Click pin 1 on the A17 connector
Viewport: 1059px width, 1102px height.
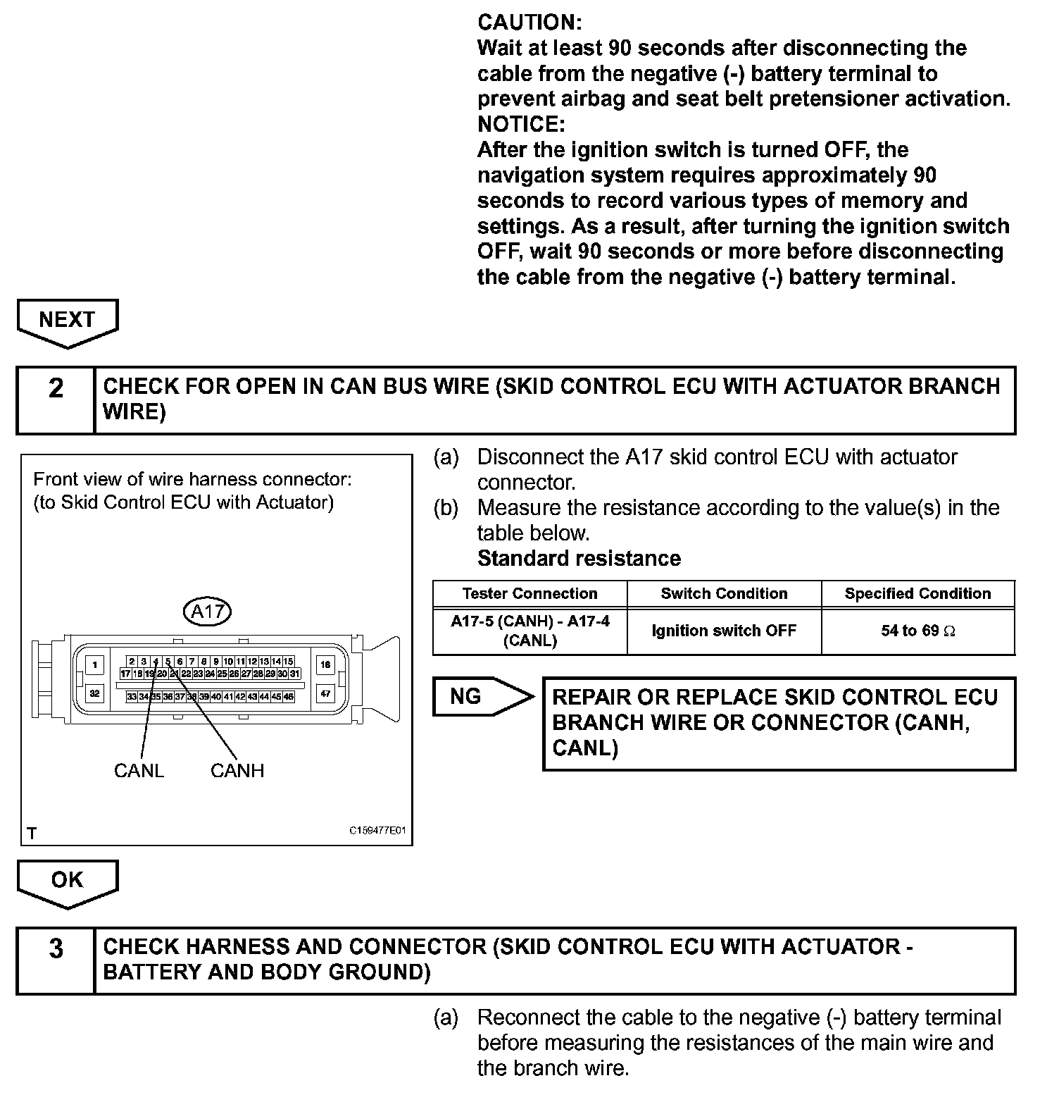94,664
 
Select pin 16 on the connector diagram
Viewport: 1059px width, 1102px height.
325,664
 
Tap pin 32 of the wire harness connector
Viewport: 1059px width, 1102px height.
94,693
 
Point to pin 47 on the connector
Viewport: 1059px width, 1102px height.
325,693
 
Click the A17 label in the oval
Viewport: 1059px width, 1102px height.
208,611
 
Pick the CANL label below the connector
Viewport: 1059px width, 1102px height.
139,770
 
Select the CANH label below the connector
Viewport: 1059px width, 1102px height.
237,770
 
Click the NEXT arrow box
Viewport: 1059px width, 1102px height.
67,321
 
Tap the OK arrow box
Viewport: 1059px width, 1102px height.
67,881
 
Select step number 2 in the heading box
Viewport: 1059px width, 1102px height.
56,388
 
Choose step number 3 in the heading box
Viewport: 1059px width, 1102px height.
56,949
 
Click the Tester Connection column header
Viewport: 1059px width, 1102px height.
529,593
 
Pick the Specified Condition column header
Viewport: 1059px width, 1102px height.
917,593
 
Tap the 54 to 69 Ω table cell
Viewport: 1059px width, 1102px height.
917,631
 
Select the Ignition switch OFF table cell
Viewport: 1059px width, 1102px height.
724,631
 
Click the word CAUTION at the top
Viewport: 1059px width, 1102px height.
529,23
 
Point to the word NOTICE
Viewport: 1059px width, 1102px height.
521,124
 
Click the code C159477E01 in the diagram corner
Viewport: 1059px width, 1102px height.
378,830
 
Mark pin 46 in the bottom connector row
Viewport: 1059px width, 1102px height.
289,696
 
